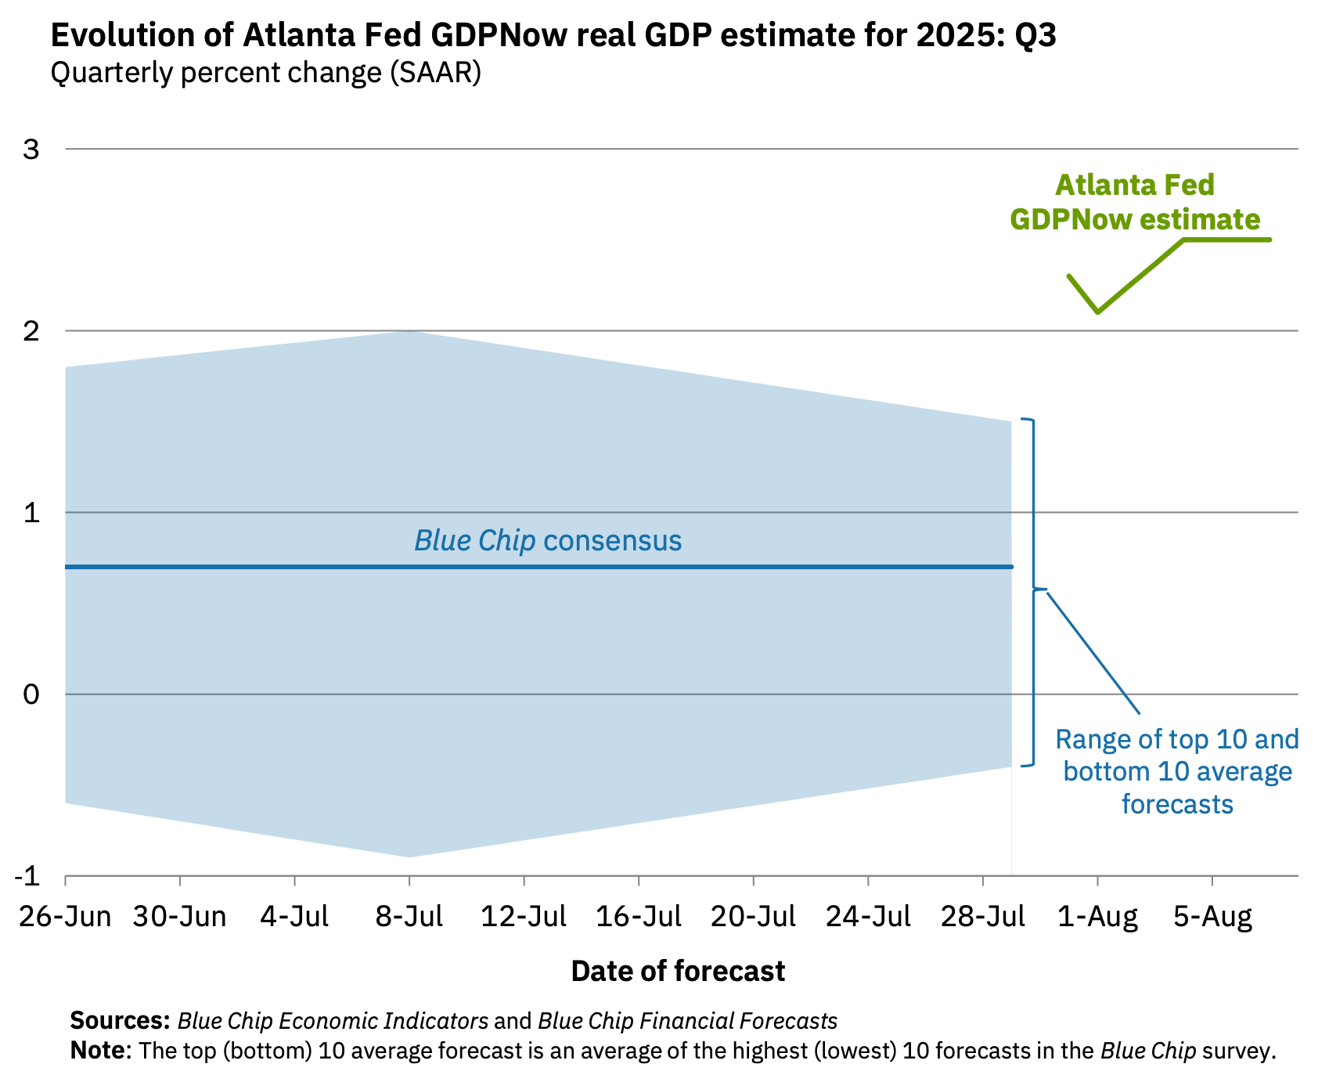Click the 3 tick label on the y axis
pyautogui.click(x=31, y=149)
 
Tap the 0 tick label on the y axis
pyautogui.click(x=31, y=694)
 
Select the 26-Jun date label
pyautogui.click(x=65, y=916)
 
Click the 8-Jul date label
pyautogui.click(x=409, y=916)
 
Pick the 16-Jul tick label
pyautogui.click(x=639, y=916)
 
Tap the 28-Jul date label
pyautogui.click(x=982, y=916)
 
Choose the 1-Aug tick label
pyautogui.click(x=1097, y=916)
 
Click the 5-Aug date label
pyautogui.click(x=1212, y=916)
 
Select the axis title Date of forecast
pyautogui.click(x=678, y=971)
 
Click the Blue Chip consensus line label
pyautogui.click(x=548, y=540)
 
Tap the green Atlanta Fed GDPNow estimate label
pyautogui.click(x=1135, y=202)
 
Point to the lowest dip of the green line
pyautogui.click(x=1098, y=312)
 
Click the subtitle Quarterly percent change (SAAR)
pyautogui.click(x=265, y=73)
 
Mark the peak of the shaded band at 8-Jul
pyautogui.click(x=409, y=332)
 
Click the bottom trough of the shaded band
pyautogui.click(x=409, y=856)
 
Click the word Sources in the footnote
pyautogui.click(x=120, y=1021)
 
